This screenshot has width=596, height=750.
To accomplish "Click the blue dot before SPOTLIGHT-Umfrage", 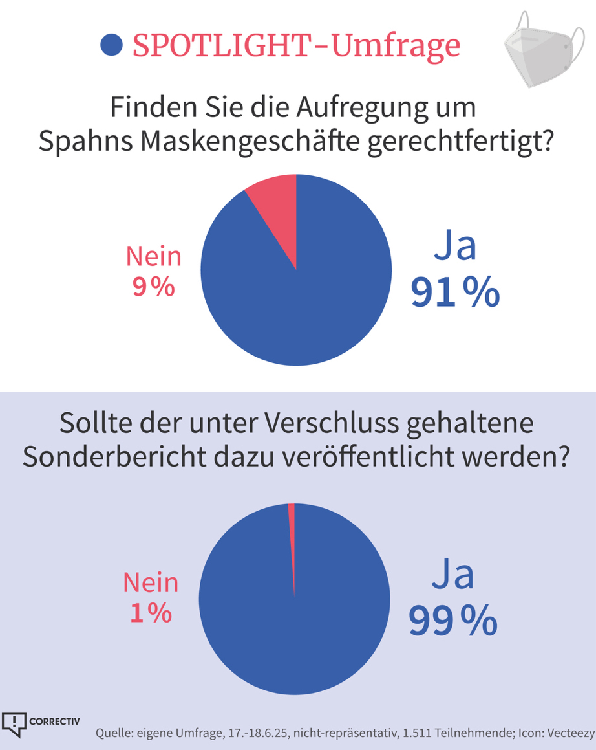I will pyautogui.click(x=112, y=45).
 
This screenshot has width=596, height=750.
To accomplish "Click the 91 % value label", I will pyautogui.click(x=454, y=293).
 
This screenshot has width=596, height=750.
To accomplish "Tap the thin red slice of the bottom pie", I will pyautogui.click(x=292, y=531).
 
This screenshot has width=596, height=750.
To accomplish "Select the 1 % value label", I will pyautogui.click(x=151, y=612).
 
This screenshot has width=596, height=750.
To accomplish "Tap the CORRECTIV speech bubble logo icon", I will pyautogui.click(x=14, y=723).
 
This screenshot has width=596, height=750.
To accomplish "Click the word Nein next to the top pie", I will pyautogui.click(x=153, y=257).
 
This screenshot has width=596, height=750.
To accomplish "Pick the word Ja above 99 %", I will pyautogui.click(x=454, y=575).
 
